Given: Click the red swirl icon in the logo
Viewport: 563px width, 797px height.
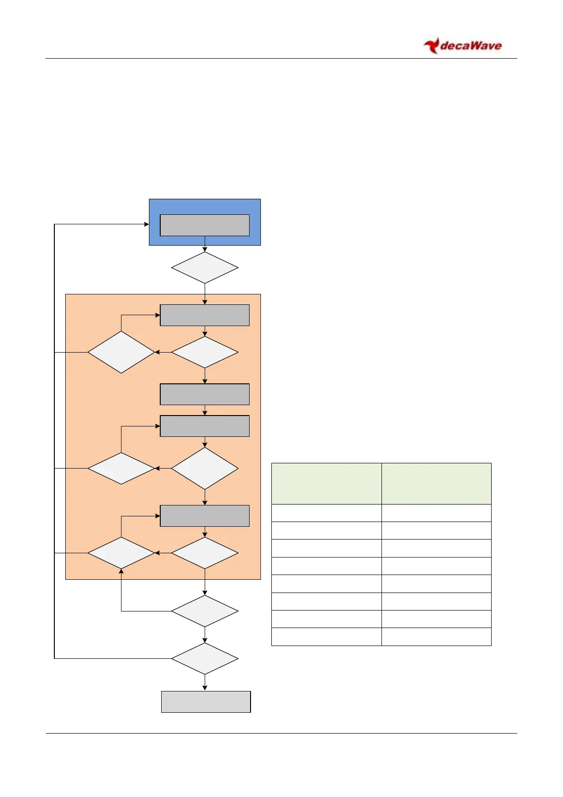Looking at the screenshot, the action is pos(431,46).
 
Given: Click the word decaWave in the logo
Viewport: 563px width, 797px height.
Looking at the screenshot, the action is pos(470,46).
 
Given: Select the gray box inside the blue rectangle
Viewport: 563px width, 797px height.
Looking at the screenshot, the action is pos(205,225).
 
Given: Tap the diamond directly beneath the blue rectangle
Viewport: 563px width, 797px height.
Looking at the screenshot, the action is pos(205,268).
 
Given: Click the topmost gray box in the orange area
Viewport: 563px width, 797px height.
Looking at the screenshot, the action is pos(205,315).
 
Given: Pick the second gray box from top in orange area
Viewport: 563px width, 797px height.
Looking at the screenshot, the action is pos(205,394).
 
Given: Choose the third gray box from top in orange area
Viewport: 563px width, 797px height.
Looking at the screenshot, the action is pos(205,426).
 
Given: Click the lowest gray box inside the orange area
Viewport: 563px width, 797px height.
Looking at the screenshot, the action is pos(205,516).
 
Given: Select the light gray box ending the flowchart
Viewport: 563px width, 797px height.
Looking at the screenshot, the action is pos(206,702).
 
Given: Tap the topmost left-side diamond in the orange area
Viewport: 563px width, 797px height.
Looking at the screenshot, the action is pos(121,352).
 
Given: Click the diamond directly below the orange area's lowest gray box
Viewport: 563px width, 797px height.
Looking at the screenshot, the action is pos(205,553).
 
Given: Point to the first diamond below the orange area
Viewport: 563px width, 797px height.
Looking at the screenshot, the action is pos(205,611).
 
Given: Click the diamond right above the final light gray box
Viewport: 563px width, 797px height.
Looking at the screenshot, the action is pos(205,658).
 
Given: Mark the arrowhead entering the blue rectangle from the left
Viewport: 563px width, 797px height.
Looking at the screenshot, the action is pos(147,224).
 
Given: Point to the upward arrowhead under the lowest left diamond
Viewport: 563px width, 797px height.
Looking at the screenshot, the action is pos(121,572).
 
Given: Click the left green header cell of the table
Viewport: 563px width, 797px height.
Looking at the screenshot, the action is pos(326,484).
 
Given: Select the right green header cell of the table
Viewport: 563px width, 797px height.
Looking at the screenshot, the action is pos(436,484).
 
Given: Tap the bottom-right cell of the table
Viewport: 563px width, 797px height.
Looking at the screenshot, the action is pos(436,637).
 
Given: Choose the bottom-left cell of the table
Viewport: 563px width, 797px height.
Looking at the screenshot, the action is pos(326,637).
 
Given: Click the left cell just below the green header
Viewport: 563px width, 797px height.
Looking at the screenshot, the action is pos(326,513).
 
